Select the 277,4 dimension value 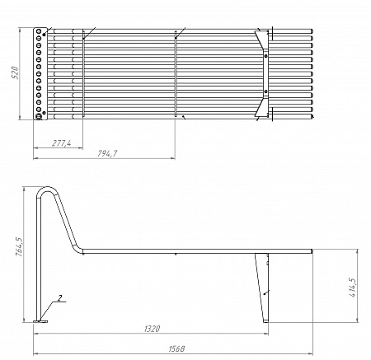[61, 143]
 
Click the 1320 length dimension [153, 329]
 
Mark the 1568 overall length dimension [176, 348]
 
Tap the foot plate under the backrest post [43, 321]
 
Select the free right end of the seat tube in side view [312, 250]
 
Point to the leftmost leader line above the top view [89, 33]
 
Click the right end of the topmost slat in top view [312, 32]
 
